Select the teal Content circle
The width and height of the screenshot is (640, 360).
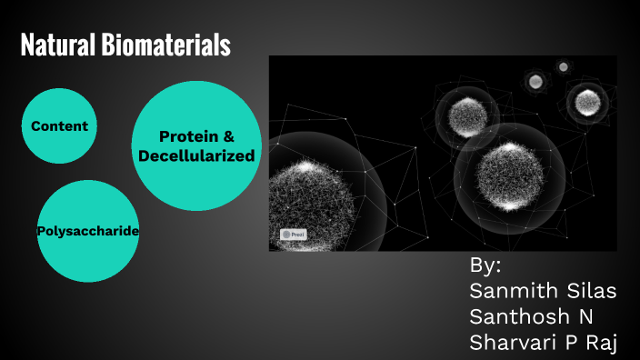59,125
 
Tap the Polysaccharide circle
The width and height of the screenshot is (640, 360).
87,231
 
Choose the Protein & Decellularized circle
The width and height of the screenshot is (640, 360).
196,145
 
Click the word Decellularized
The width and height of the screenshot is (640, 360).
196,156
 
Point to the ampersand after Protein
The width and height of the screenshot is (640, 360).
228,136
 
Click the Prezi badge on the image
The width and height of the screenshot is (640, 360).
294,234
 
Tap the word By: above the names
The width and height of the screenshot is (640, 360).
485,266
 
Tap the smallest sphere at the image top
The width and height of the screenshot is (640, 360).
564,66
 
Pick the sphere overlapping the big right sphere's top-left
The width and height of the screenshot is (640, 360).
466,113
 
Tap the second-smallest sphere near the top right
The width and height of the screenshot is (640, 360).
535,82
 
